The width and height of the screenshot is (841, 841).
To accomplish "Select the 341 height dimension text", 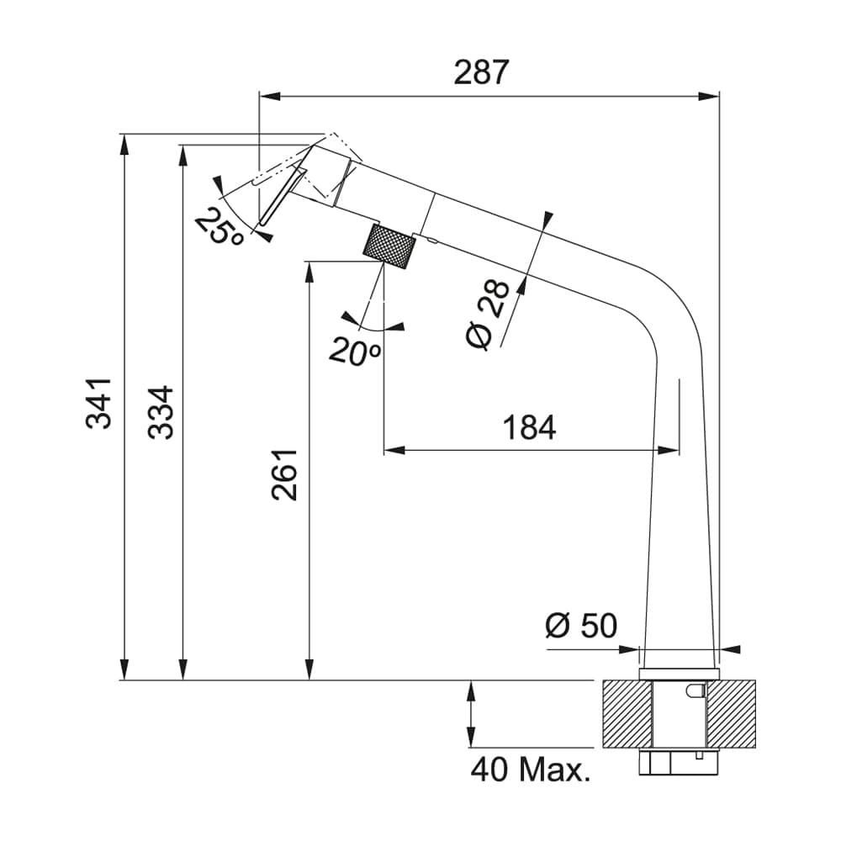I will tap(99, 403).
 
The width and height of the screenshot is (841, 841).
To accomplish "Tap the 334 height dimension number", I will tap(160, 412).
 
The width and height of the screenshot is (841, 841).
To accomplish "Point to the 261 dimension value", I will tap(285, 474).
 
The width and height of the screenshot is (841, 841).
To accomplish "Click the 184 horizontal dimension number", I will tap(529, 428).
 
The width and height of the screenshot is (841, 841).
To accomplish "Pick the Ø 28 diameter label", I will tap(488, 314).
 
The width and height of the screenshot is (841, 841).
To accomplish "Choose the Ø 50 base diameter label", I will tap(580, 626).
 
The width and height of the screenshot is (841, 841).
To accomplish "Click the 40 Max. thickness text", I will tap(530, 769).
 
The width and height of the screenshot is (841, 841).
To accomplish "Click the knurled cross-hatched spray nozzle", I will tap(390, 246).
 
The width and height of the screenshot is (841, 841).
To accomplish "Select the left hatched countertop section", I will tap(627, 713).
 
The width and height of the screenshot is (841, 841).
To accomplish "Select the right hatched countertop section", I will tap(731, 713).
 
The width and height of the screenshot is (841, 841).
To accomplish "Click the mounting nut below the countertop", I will tap(679, 762).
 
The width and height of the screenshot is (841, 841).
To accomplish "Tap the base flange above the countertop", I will tap(680, 674).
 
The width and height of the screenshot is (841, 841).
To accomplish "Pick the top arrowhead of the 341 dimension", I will tap(124, 143).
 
